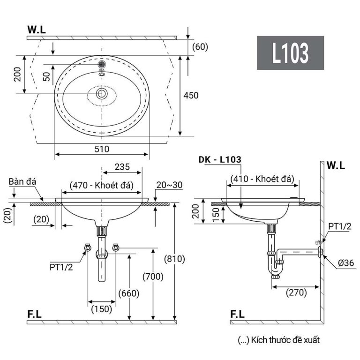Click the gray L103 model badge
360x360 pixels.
click(x=290, y=53)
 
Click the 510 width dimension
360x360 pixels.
click(x=102, y=149)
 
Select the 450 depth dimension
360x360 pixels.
click(x=191, y=95)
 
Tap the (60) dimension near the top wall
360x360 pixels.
click(x=200, y=46)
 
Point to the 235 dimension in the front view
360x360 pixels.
click(x=122, y=167)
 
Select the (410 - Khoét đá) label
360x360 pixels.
click(x=262, y=179)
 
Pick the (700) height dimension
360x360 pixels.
click(x=154, y=277)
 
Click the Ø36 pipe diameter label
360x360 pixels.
click(x=346, y=263)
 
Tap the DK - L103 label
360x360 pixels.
click(x=220, y=159)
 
